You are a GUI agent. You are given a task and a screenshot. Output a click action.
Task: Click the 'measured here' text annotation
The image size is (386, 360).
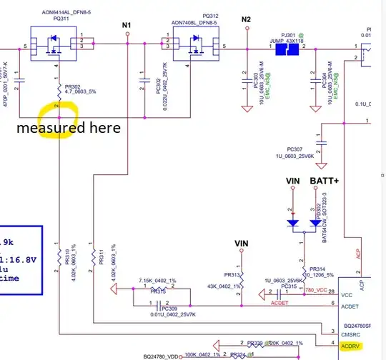tap(69, 129)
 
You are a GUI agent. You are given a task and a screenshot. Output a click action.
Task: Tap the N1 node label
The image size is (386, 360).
tap(127, 25)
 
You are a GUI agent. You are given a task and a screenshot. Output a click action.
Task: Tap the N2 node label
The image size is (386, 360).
tap(247, 19)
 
